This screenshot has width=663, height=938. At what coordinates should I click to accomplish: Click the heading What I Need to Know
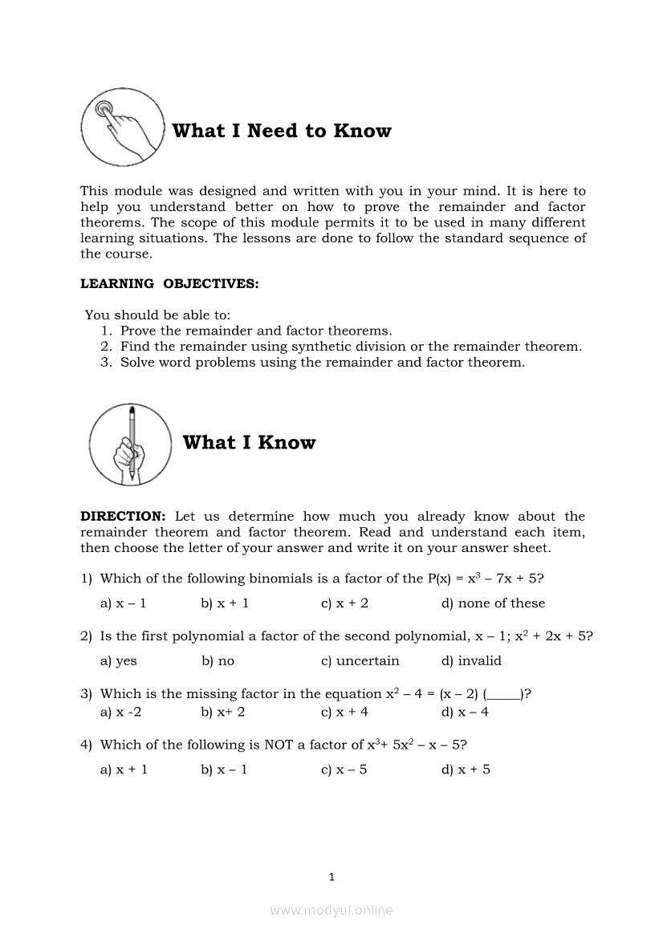click(282, 131)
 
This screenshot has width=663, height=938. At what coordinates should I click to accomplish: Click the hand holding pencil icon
click(130, 443)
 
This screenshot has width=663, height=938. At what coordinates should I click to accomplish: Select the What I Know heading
click(249, 442)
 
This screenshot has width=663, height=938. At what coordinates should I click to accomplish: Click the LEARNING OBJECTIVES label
click(169, 283)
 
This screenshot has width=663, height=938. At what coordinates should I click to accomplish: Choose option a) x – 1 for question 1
click(123, 603)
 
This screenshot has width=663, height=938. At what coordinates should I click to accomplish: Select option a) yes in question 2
click(118, 661)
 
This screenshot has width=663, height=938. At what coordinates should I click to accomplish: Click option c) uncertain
click(360, 661)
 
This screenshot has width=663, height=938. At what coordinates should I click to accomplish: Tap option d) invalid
click(471, 661)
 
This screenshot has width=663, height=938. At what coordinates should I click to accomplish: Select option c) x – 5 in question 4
click(344, 769)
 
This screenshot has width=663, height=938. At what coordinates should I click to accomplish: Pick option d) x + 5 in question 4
click(466, 769)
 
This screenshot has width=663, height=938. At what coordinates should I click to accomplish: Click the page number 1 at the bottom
click(331, 877)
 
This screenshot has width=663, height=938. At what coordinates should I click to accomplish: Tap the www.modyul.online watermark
click(331, 910)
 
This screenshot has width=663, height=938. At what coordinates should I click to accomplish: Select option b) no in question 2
click(218, 661)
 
